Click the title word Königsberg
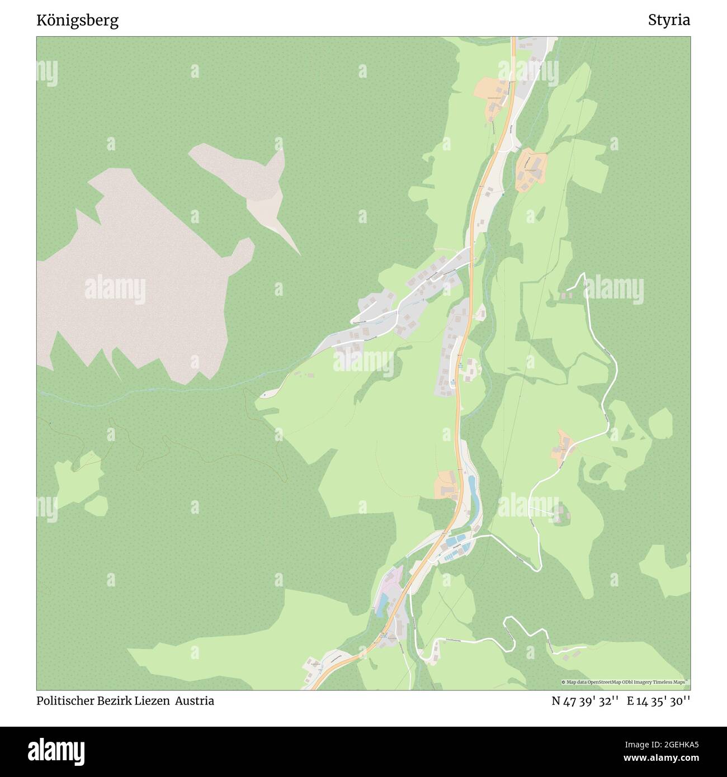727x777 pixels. click(77, 21)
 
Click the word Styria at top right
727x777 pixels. click(669, 21)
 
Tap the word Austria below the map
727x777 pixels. click(194, 701)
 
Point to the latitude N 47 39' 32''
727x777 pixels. click(585, 701)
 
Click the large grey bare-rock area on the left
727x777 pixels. click(140, 279)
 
